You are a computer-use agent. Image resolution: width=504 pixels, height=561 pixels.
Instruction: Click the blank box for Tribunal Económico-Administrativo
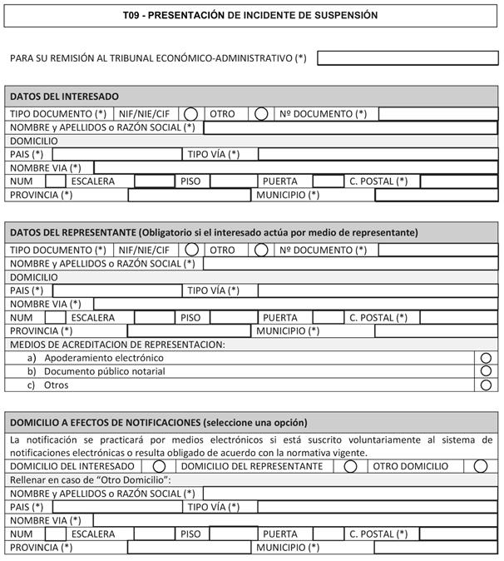(x=407, y=57)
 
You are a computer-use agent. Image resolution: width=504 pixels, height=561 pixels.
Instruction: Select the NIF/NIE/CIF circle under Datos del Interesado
(x=191, y=114)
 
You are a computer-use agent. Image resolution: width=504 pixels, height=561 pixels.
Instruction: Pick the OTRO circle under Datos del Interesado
(x=261, y=114)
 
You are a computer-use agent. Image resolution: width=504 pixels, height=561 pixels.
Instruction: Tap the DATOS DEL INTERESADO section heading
(x=64, y=97)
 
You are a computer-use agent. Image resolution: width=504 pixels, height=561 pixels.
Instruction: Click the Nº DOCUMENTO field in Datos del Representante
(x=437, y=250)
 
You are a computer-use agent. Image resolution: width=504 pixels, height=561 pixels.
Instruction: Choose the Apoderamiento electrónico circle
(x=487, y=358)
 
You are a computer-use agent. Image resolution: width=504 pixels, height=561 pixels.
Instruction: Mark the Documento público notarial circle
(x=487, y=371)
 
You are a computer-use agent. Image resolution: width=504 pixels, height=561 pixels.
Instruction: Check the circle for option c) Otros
(x=487, y=385)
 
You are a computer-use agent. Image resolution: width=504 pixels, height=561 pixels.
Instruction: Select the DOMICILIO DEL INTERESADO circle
(x=160, y=467)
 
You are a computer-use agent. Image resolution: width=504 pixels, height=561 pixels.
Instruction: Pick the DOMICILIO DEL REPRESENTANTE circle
(x=351, y=467)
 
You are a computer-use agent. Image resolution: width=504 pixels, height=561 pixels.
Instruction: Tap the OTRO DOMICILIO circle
(x=481, y=467)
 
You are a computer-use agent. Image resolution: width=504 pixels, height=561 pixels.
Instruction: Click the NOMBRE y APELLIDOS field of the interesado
(x=350, y=127)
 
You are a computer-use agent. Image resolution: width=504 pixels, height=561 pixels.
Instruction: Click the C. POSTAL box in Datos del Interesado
(x=458, y=181)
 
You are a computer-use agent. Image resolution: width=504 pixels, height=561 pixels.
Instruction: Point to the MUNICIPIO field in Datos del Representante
(x=436, y=331)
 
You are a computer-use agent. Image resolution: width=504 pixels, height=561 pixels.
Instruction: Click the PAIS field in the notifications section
(x=116, y=507)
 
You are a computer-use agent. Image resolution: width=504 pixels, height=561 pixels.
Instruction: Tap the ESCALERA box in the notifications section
(x=153, y=534)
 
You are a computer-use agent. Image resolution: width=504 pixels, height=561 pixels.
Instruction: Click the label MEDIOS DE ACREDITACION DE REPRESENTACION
(x=117, y=345)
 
